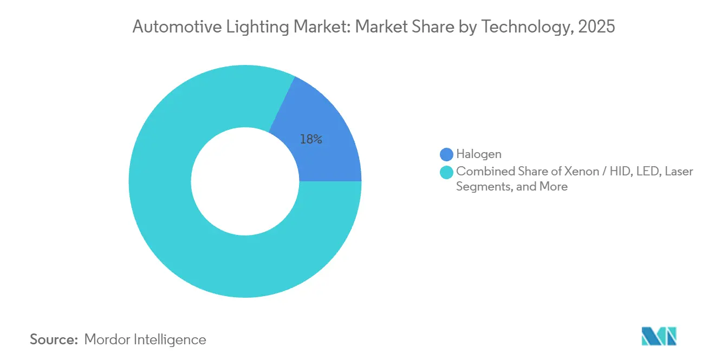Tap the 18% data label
(311, 139)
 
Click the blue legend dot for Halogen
(447, 155)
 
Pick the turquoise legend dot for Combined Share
(447, 172)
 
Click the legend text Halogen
(479, 155)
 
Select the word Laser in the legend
(679, 172)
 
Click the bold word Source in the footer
(54, 340)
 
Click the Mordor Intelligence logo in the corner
(659, 336)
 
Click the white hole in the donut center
(245, 181)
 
